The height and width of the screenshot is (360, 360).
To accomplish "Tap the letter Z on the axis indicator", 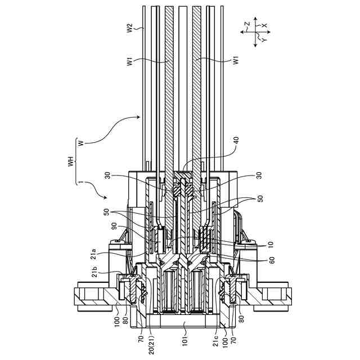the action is pyautogui.click(x=247, y=24).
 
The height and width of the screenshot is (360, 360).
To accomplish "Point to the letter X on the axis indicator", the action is pyautogui.click(x=264, y=25).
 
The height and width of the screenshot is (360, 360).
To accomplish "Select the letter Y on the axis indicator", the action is pyautogui.click(x=264, y=40).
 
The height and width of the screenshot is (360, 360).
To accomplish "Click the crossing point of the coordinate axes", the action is pyautogui.click(x=255, y=32).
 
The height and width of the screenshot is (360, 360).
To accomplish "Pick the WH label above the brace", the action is pyautogui.click(x=71, y=161).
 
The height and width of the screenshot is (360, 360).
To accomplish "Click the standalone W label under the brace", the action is pyautogui.click(x=80, y=143).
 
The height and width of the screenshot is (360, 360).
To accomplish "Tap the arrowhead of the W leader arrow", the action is pyautogui.click(x=138, y=117).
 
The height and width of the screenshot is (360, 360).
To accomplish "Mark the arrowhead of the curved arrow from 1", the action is pyautogui.click(x=106, y=197).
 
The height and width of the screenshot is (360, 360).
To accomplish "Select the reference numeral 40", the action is pyautogui.click(x=236, y=141).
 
